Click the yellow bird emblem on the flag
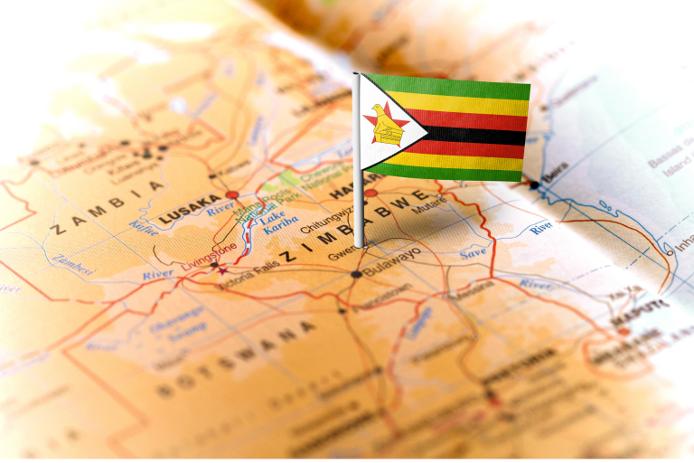pos(386,127)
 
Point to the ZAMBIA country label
pos(107,206)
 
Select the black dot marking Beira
pos(534,184)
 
